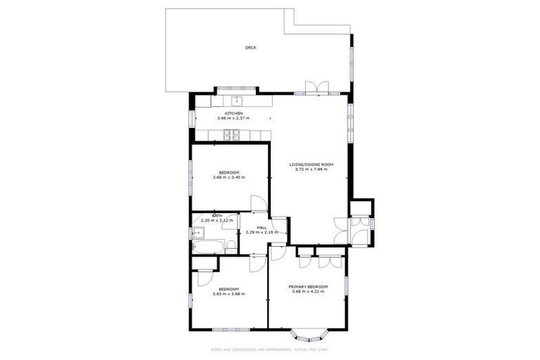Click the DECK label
point(250,48)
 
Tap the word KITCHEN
point(233,113)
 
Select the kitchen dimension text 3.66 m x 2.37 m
point(233,118)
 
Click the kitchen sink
point(237,101)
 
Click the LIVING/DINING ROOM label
point(311,165)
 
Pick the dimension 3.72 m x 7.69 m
point(311,169)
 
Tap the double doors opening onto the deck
point(316,87)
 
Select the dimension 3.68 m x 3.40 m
point(229,177)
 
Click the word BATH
point(207,216)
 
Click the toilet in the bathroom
point(229,245)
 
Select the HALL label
point(262,227)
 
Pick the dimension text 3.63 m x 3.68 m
point(229,294)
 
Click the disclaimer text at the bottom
point(270,349)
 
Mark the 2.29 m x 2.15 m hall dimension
point(262,232)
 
